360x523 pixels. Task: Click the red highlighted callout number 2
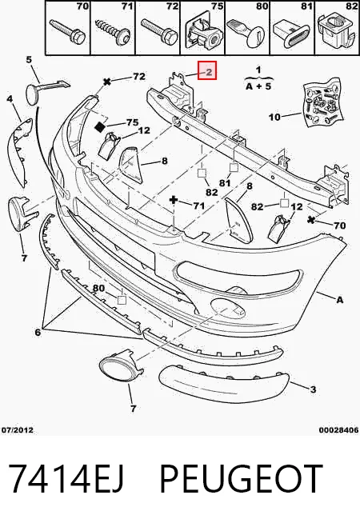209,72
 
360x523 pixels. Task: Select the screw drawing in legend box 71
113,31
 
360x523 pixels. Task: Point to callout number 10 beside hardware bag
275,117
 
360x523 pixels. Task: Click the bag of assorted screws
323,102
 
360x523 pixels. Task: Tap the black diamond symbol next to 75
100,126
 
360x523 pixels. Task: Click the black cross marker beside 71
174,200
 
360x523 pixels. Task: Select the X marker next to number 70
311,220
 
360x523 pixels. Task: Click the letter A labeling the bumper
339,300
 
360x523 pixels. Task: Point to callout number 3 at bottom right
313,389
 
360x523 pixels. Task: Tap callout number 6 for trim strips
38,332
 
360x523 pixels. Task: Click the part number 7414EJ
66,478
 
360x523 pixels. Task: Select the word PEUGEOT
242,478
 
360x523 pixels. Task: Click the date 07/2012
18,430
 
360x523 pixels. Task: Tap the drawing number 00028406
338,430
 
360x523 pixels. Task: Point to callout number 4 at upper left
10,99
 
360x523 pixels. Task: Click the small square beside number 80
122,300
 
